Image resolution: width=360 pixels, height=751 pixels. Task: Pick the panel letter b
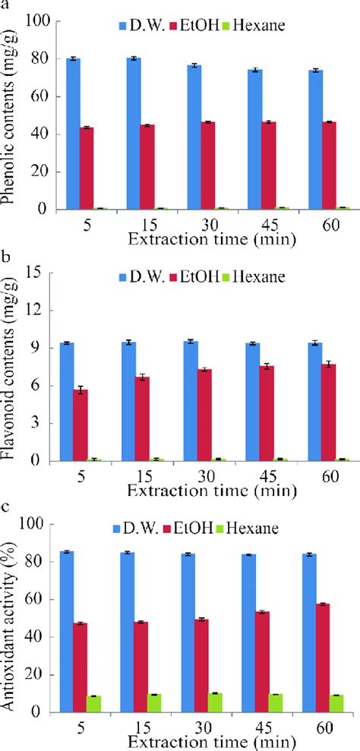tap(6, 258)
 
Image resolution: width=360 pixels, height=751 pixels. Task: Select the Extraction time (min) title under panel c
tap(199, 740)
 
